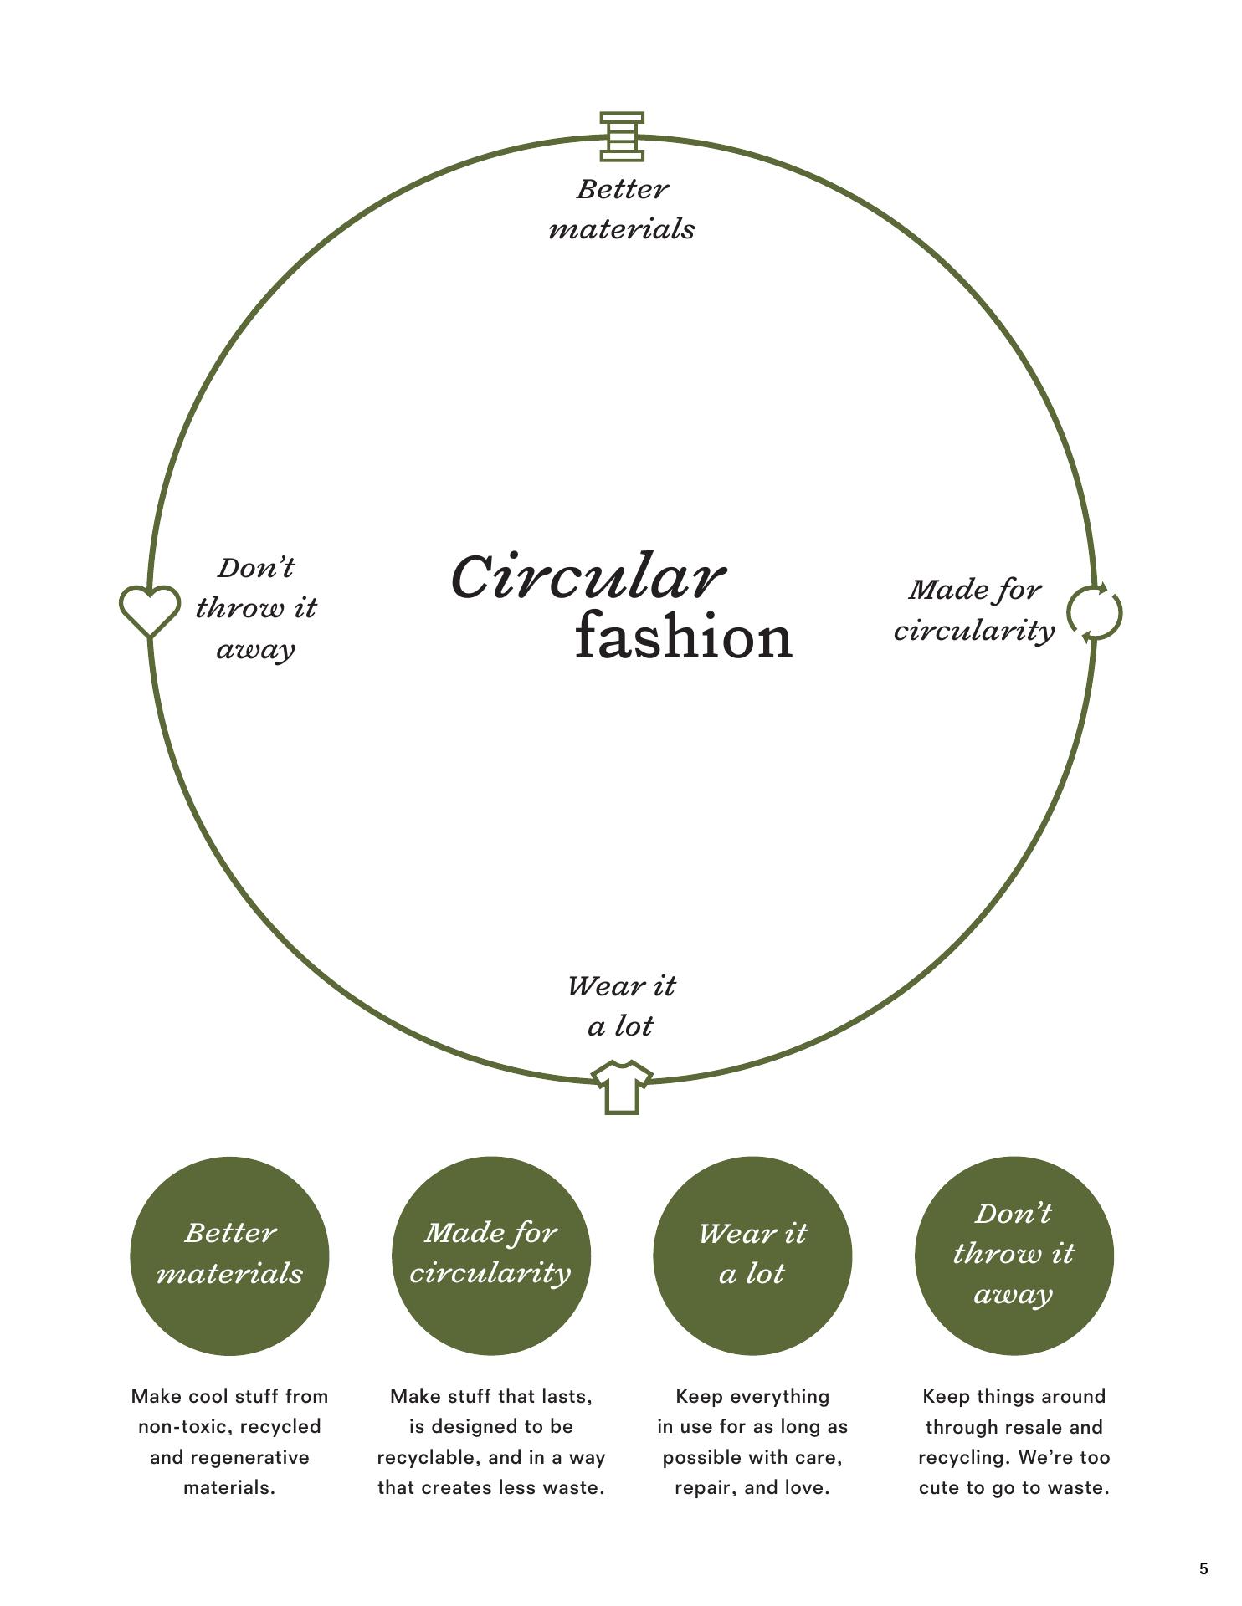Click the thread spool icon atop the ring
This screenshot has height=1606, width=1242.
pos(622,136)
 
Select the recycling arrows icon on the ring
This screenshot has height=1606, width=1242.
pos(1095,613)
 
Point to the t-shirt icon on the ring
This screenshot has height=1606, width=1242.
pos(622,1087)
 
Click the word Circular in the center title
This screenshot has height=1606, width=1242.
pos(588,577)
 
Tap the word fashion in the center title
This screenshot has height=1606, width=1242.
pos(683,638)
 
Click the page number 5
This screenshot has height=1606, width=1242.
pos(1204,1568)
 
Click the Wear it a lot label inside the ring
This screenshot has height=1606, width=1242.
pos(621,1005)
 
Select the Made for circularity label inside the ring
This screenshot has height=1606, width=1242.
pos(975,610)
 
